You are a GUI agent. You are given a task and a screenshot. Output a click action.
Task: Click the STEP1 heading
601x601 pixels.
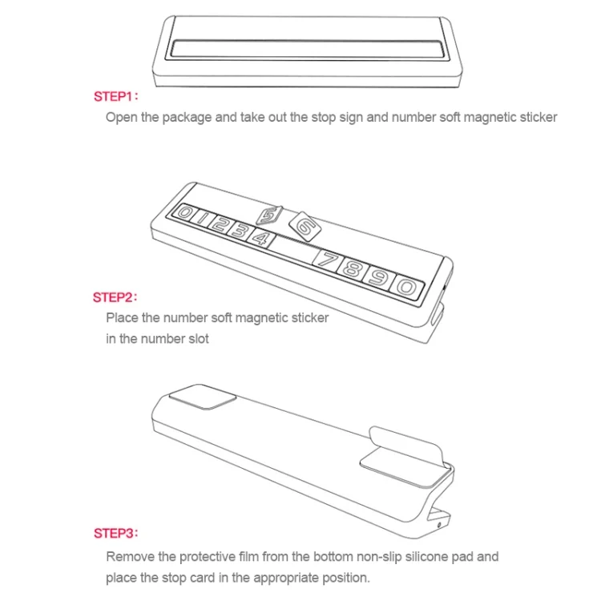click(x=115, y=97)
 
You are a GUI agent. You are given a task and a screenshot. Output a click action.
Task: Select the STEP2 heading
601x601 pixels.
click(x=115, y=297)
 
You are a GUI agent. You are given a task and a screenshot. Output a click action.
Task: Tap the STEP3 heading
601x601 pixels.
click(x=115, y=533)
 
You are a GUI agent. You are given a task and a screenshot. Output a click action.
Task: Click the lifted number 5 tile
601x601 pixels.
click(x=269, y=216)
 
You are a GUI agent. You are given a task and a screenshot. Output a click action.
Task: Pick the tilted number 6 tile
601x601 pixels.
click(x=305, y=226)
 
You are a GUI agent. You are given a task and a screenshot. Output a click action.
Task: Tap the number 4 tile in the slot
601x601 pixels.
click(x=262, y=239)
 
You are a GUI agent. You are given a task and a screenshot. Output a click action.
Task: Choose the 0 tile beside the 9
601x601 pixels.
click(x=407, y=287)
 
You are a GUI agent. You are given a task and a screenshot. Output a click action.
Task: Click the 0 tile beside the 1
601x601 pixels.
click(x=184, y=212)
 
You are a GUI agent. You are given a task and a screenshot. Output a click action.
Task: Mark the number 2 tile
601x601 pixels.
click(x=219, y=224)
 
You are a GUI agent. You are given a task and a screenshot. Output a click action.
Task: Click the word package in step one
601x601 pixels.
click(x=187, y=118)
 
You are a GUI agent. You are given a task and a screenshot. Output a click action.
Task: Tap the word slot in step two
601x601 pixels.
click(x=198, y=339)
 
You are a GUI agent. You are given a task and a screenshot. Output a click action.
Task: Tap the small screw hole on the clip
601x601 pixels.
click(x=439, y=524)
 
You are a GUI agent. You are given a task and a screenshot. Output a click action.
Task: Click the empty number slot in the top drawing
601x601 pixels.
click(x=306, y=50)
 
